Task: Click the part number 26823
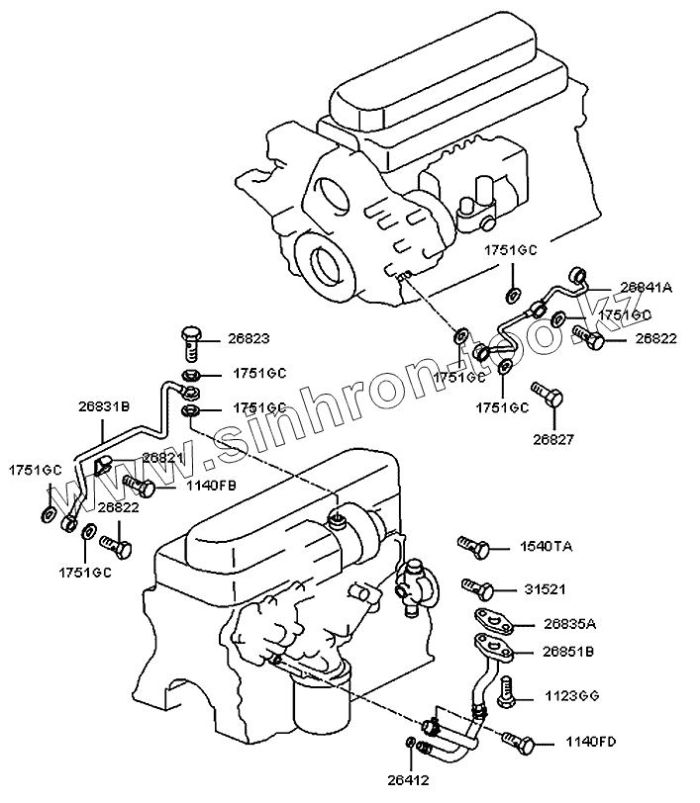(249, 338)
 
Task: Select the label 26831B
(104, 404)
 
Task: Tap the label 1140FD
(591, 741)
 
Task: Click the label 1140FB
(183, 486)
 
